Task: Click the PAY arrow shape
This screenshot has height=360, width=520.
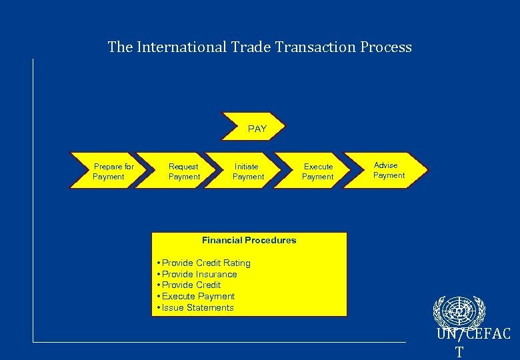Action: click(x=257, y=129)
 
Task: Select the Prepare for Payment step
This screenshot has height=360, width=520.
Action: click(x=111, y=171)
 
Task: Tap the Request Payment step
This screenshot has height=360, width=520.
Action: click(x=183, y=171)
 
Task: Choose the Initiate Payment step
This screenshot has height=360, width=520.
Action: click(x=247, y=171)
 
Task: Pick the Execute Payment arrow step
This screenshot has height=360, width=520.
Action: click(x=318, y=171)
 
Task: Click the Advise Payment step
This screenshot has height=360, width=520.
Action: click(x=389, y=170)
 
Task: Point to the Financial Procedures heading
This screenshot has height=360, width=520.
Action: click(x=249, y=240)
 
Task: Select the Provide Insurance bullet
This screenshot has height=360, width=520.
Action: click(x=199, y=274)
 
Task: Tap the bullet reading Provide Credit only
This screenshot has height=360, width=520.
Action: click(x=191, y=285)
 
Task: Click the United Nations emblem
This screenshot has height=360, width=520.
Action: click(x=459, y=311)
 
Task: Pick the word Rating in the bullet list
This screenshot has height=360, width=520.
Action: click(x=237, y=263)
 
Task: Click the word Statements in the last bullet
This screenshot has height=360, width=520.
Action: click(x=210, y=307)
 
